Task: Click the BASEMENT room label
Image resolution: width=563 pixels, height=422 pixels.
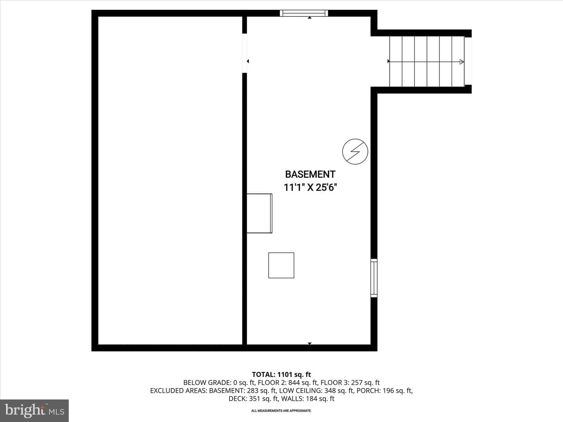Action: click(310, 175)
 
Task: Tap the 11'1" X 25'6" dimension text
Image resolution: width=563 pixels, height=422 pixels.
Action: click(310, 188)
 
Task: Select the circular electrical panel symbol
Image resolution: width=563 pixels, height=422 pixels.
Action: click(355, 152)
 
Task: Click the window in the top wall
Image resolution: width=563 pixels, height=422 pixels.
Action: click(304, 13)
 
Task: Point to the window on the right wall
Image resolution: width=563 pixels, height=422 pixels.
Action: click(374, 278)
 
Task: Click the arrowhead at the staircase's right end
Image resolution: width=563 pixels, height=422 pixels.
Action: click(461, 62)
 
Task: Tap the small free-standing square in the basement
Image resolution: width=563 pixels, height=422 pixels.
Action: click(281, 265)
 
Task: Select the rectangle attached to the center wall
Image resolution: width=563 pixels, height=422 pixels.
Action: click(259, 213)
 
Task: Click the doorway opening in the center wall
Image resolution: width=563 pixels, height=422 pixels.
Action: click(244, 53)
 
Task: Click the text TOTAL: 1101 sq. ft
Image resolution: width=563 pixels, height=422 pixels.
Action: click(281, 375)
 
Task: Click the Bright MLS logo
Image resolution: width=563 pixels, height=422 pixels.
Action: click(34, 411)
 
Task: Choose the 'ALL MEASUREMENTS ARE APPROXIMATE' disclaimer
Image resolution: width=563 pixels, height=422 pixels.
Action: click(281, 411)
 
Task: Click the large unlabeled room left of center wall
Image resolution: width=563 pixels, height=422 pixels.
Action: click(170, 181)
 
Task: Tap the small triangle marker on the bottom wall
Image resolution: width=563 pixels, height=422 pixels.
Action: click(310, 343)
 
